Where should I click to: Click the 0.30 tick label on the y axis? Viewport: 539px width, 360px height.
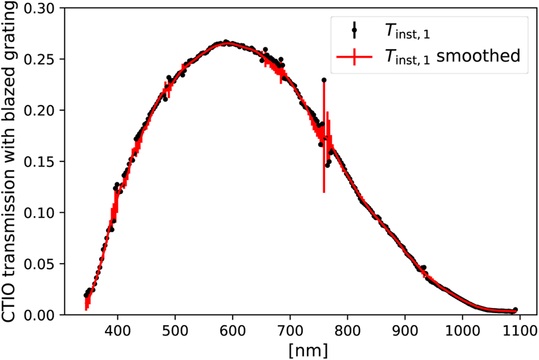tap(43, 8)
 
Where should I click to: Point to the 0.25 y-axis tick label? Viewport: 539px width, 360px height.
tap(43, 59)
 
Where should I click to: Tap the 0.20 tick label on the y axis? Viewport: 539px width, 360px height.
tap(43, 111)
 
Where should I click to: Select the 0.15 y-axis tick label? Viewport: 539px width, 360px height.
tap(43, 161)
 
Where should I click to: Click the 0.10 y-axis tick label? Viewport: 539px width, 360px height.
tap(43, 213)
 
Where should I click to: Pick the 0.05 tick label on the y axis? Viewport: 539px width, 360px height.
tap(43, 264)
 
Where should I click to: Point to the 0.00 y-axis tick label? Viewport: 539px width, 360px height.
tap(43, 315)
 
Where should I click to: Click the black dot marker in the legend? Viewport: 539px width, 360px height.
tap(354, 31)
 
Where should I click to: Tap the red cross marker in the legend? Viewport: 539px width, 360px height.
tap(354, 57)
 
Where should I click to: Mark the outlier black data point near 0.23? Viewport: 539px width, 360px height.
tap(324, 80)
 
